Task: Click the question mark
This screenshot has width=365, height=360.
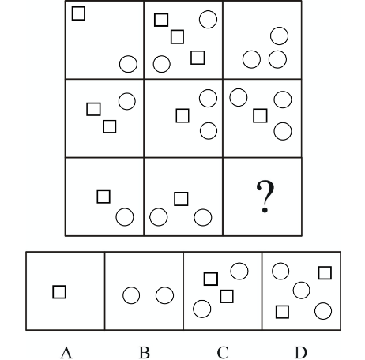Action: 265,196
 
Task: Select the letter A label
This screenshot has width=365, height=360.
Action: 66,352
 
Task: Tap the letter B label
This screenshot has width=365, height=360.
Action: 145,352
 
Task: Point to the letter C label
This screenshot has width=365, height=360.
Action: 223,352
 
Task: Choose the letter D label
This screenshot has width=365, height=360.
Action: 301,352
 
